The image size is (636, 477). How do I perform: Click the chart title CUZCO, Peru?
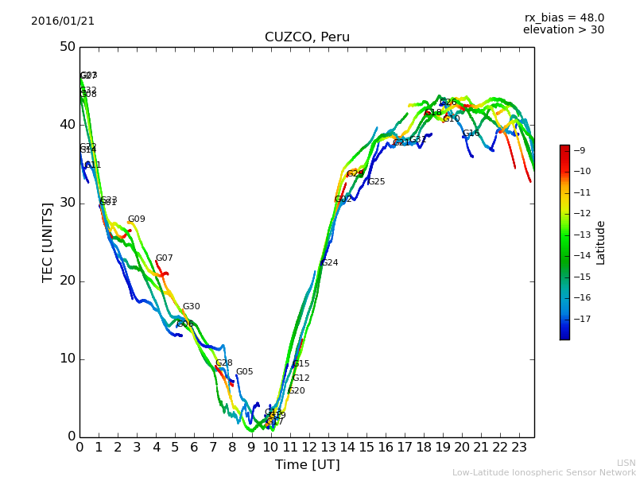(x=307, y=37)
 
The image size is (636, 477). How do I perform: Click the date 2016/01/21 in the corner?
(x=63, y=21)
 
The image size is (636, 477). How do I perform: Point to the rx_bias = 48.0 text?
(x=564, y=17)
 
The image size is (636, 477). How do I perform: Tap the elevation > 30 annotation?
(x=564, y=30)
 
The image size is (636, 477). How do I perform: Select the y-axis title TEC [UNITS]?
(x=48, y=242)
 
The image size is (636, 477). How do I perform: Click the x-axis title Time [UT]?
(x=307, y=464)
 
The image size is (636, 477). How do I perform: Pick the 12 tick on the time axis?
(x=308, y=448)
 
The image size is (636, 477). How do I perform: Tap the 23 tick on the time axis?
(x=519, y=448)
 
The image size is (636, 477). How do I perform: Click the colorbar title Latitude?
(x=601, y=242)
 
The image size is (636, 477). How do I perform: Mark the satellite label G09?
(x=137, y=219)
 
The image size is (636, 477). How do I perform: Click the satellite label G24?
(x=329, y=263)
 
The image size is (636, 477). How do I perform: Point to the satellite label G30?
(x=192, y=307)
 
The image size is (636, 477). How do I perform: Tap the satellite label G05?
(x=244, y=372)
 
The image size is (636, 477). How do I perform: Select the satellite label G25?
(x=376, y=182)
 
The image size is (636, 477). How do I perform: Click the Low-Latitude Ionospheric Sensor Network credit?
(x=544, y=472)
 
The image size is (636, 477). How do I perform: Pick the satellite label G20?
(x=297, y=391)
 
